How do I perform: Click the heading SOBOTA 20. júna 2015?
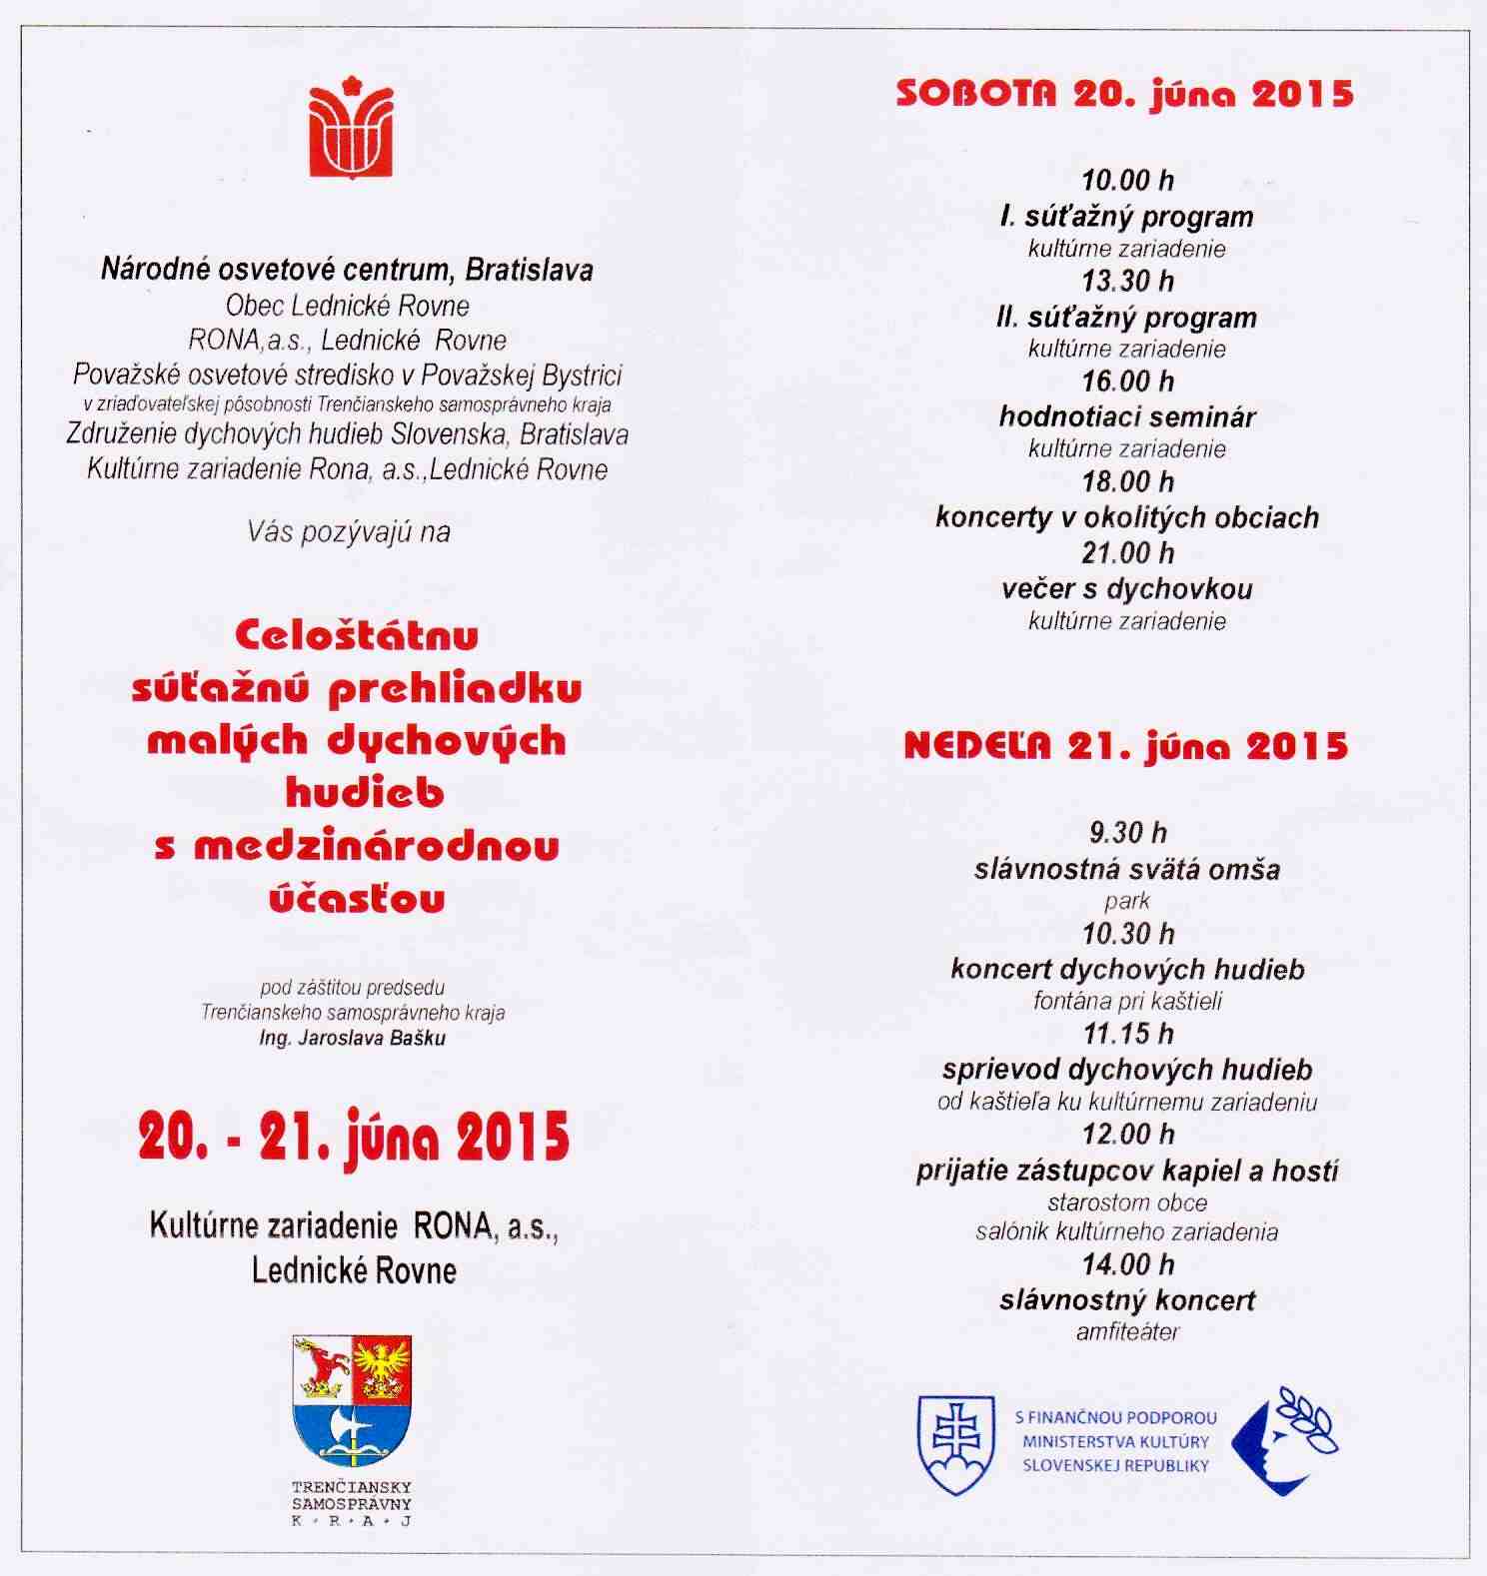tap(1125, 94)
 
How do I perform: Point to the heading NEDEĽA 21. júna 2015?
tap(1125, 746)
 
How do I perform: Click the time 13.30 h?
tap(1127, 282)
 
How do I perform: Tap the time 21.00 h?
tap(1127, 553)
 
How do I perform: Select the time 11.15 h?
tap(1127, 1033)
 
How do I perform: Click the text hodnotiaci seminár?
tap(1127, 416)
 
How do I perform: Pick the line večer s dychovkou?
tap(1127, 588)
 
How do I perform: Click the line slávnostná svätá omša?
tap(1127, 869)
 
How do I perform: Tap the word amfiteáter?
tap(1127, 1331)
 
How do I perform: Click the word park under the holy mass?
tap(1127, 901)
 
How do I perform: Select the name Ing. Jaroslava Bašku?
tap(352, 1038)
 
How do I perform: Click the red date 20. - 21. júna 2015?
tap(354, 1136)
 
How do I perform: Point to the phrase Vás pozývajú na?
tap(349, 531)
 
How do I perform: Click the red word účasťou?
tap(357, 898)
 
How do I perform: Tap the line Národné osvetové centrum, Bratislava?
tap(347, 270)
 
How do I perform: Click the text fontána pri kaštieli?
tap(1127, 1001)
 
